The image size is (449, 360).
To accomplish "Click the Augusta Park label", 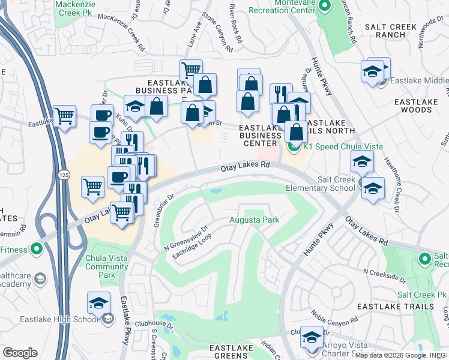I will (x=255, y=220).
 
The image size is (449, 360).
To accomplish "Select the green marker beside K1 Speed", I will (x=294, y=146).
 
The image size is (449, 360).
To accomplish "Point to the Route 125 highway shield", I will (x=62, y=174).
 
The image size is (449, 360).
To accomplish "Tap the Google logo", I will (x=20, y=353).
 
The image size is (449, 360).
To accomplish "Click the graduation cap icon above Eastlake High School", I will (x=98, y=304).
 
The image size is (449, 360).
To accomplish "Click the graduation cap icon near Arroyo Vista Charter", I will (x=311, y=338).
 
